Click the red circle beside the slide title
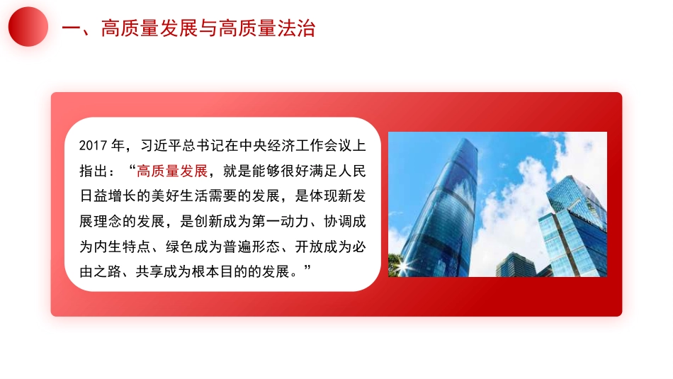28,27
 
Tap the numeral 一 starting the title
71,28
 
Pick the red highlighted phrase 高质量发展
172,171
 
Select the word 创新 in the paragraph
211,221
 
